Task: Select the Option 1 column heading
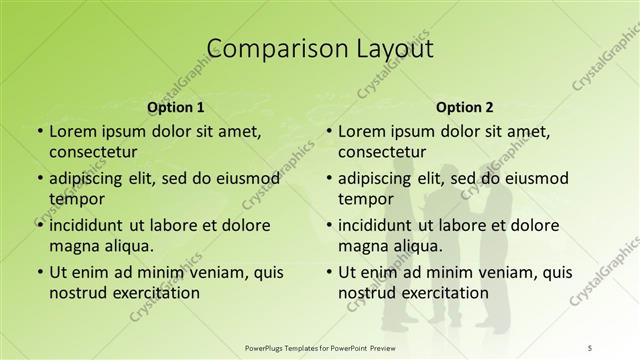coord(176,106)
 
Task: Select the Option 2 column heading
coord(465,106)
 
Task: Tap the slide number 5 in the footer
coord(590,346)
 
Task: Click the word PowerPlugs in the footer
coord(269,346)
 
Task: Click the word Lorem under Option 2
coord(361,131)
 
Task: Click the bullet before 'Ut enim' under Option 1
coord(39,272)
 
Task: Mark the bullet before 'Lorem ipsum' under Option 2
coord(328,131)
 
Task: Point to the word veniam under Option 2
coord(494,272)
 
